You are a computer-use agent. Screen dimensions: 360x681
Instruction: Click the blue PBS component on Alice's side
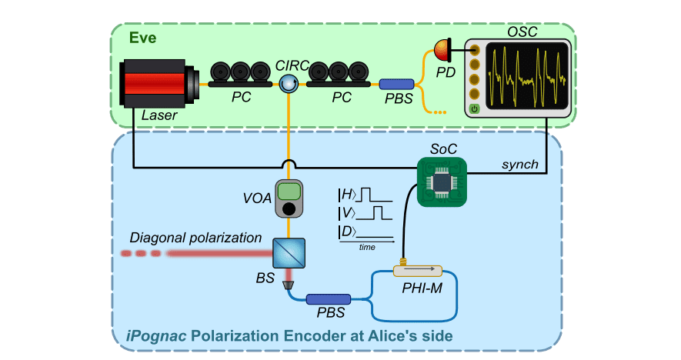pos(329,298)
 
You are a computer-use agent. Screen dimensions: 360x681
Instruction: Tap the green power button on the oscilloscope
pos(475,109)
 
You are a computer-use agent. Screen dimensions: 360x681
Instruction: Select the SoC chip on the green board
pos(442,182)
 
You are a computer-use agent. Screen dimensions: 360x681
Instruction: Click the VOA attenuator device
pos(289,198)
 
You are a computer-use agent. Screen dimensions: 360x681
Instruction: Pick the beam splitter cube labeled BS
pos(289,252)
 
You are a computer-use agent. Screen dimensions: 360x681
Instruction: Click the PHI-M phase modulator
pos(418,271)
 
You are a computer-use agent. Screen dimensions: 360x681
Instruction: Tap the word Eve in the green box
pos(142,37)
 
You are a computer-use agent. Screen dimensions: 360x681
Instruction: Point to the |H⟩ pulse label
pos(348,193)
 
